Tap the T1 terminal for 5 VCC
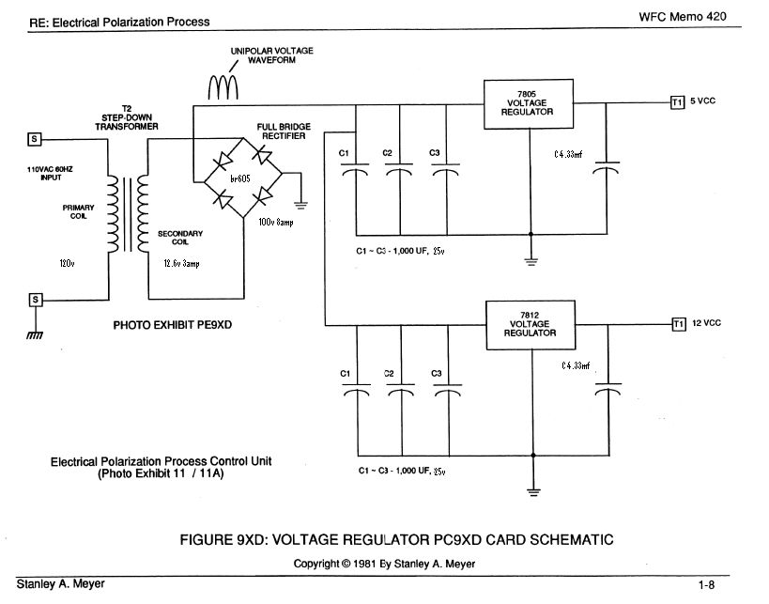point(678,101)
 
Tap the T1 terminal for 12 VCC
point(678,324)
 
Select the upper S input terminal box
point(35,139)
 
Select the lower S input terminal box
point(35,300)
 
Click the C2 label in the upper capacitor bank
point(387,152)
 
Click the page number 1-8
point(706,585)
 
